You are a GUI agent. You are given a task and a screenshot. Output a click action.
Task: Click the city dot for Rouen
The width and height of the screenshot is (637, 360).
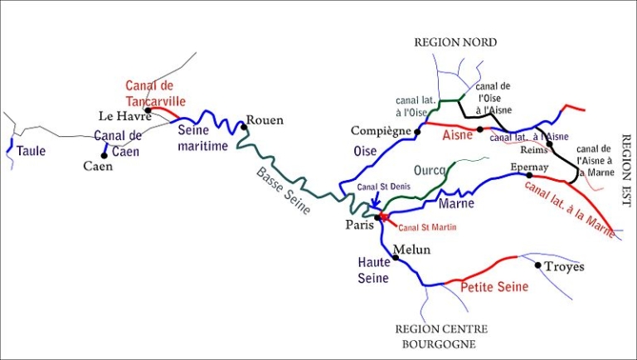(x=244, y=128)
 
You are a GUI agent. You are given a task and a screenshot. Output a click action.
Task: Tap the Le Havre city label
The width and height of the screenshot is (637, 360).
(x=124, y=116)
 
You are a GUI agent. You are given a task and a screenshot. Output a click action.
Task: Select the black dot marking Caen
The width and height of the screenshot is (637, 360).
(x=105, y=155)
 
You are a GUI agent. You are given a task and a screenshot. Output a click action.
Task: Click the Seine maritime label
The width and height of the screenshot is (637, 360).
(x=203, y=138)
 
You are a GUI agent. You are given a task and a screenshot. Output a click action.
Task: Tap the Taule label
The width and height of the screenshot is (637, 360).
(x=32, y=151)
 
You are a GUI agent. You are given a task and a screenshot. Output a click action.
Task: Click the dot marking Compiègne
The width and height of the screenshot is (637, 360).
(x=418, y=131)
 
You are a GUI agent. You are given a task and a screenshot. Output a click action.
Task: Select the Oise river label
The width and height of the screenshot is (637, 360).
(x=365, y=151)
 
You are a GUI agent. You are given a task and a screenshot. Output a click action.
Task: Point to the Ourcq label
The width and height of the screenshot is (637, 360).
(x=430, y=170)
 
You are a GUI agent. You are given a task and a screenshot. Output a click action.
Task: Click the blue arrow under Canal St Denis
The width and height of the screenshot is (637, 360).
(x=375, y=200)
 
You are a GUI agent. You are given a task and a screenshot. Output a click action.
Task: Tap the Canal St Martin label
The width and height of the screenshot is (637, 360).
(x=428, y=226)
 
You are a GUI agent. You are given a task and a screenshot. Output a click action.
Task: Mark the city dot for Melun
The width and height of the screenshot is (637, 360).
(x=396, y=258)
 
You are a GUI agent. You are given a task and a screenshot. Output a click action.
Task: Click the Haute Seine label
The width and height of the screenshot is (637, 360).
(x=373, y=270)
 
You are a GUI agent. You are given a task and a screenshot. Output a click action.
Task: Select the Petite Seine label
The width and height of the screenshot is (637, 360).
(x=494, y=287)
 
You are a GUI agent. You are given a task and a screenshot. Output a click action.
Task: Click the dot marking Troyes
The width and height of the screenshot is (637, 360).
(x=538, y=265)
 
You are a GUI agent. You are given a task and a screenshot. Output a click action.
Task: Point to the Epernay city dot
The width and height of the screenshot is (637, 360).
(x=529, y=175)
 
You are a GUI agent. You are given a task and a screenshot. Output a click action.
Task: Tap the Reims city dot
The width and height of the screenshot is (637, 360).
(x=548, y=144)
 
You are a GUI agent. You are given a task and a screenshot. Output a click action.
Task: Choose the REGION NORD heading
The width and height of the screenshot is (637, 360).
(x=455, y=42)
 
